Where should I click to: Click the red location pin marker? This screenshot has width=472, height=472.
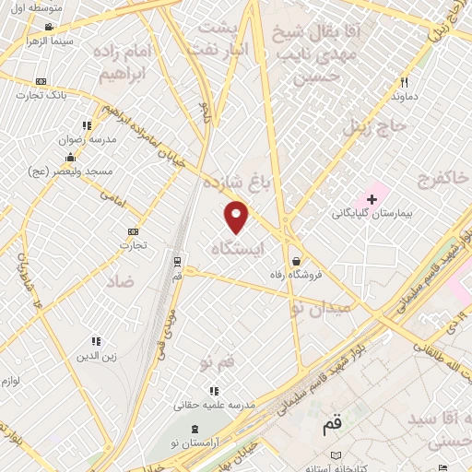237,217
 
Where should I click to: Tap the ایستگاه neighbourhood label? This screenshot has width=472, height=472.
237,248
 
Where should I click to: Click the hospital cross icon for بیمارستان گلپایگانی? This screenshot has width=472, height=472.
372,198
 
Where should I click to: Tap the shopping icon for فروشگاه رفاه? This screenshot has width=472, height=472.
295,234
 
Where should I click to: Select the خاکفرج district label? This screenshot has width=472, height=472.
442,177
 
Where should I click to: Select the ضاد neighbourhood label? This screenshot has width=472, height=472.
120,279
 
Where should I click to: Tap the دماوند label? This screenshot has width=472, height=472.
406,96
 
